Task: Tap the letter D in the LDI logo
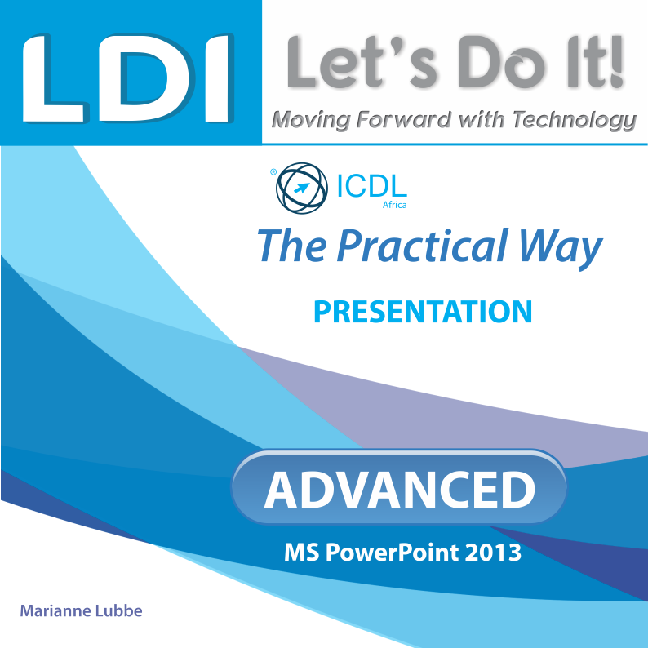pos(145,78)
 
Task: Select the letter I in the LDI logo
pos(219,78)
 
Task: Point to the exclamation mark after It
pos(617,63)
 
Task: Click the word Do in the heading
pos(501,63)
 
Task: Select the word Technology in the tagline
pos(575,120)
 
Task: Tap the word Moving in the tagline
pos(311,120)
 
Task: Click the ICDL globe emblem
pos(302,188)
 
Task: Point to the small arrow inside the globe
pos(302,188)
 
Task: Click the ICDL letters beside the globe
pos(372,186)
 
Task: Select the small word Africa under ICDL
pos(394,205)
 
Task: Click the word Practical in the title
pos(423,246)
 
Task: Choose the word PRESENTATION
pos(423,312)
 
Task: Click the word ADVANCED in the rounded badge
pos(400,490)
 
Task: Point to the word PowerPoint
pos(393,553)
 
